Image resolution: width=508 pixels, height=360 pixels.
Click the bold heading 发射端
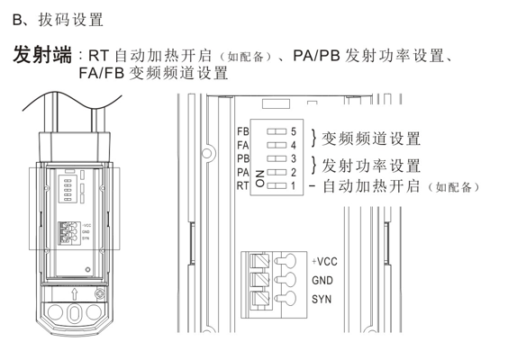click(42, 56)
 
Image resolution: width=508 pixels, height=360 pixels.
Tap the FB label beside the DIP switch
click(242, 131)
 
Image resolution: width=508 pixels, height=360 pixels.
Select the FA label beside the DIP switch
click(242, 145)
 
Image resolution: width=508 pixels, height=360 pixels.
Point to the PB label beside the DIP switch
click(242, 158)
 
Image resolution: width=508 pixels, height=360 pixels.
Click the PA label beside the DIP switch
click(242, 172)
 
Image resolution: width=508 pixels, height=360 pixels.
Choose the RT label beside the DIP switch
click(242, 185)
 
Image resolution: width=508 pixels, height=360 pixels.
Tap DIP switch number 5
click(277, 131)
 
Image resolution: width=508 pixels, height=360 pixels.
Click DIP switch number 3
click(277, 158)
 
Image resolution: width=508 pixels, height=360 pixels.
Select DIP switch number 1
click(277, 185)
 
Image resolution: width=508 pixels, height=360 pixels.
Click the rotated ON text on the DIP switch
click(259, 177)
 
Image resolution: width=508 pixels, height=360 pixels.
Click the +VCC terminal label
click(324, 261)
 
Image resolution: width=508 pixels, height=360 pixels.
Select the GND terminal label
click(322, 280)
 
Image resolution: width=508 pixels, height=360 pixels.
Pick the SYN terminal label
click(322, 299)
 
